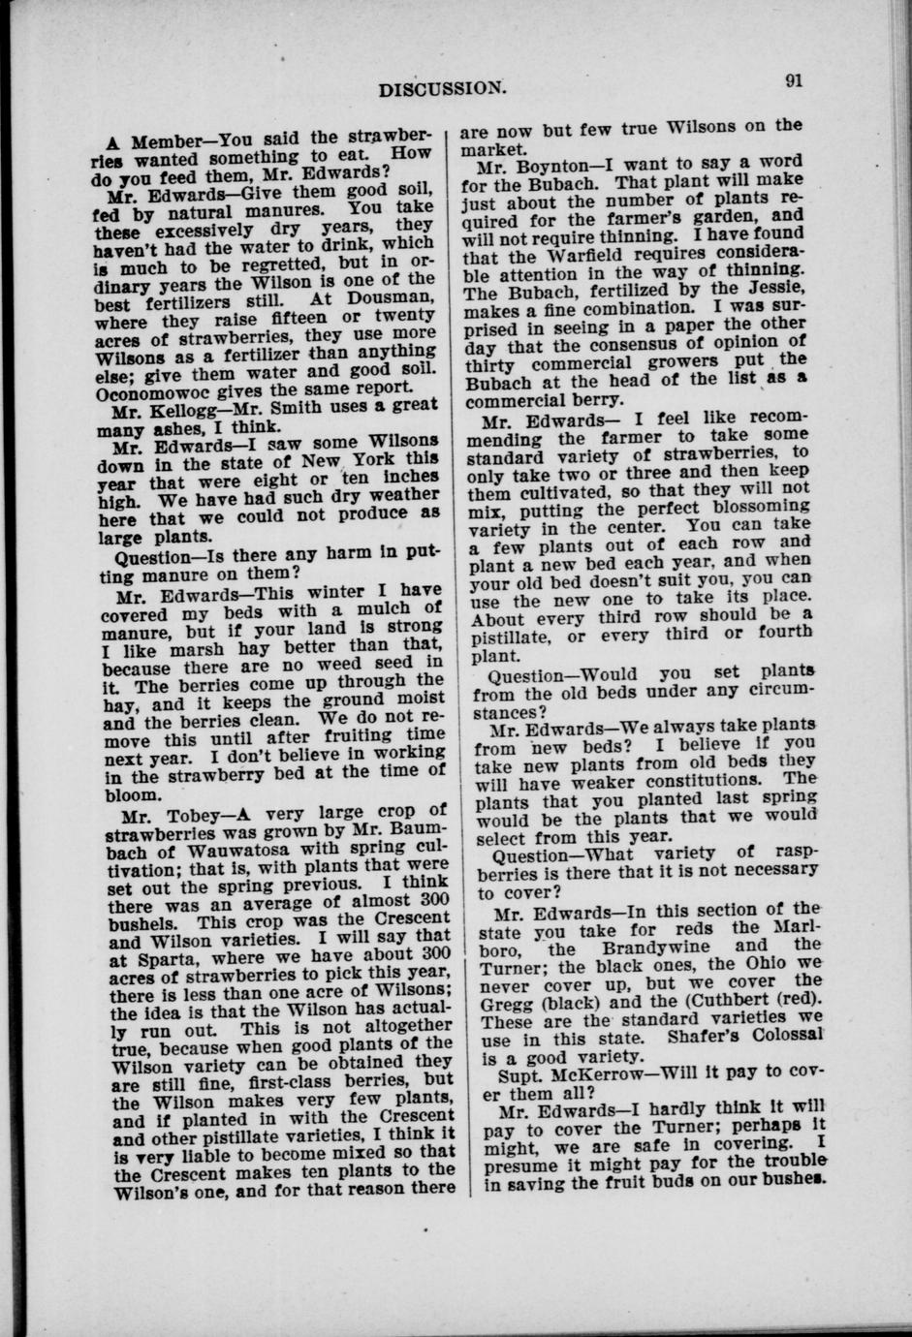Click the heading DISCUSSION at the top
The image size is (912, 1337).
click(x=442, y=88)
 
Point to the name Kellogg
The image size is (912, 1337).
click(x=185, y=409)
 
